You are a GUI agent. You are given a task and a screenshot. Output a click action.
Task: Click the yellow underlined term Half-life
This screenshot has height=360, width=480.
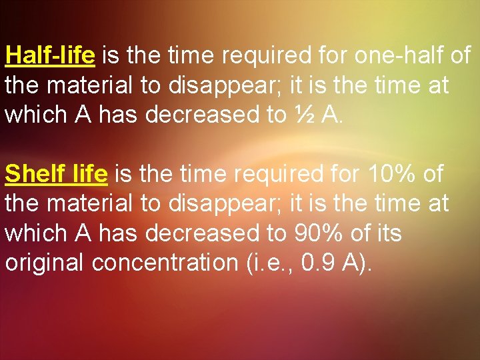pyautogui.click(x=50, y=55)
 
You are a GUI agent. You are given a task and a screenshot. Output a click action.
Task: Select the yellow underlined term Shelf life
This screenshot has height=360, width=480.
pyautogui.click(x=56, y=175)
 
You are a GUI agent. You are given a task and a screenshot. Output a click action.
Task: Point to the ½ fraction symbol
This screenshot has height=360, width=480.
pyautogui.click(x=303, y=115)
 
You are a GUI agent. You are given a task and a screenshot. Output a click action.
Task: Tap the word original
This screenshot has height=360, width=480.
pyautogui.click(x=45, y=263)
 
